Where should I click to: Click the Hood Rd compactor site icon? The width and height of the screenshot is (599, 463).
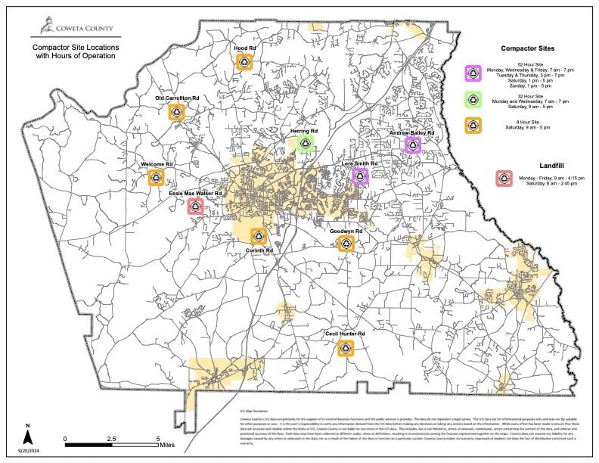coord(244,62)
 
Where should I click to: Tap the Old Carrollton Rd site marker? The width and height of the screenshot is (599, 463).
coord(176,112)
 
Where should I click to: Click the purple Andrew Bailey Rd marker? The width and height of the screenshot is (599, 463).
coord(412,144)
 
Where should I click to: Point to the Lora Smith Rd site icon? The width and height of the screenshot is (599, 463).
coord(359,176)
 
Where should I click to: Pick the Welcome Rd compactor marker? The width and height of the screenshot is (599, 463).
coord(156,177)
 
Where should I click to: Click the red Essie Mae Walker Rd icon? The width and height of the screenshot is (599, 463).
coord(195,206)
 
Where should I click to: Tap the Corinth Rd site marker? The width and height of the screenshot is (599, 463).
coord(258,237)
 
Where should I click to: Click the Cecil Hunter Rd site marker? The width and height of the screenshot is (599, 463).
coord(345,347)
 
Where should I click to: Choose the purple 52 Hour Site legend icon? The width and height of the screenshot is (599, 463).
coord(473,73)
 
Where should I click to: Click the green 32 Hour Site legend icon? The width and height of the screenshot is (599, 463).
coord(473,100)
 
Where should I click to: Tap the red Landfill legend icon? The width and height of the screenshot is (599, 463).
coord(504,179)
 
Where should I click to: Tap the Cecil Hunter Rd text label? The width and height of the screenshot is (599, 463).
coord(345,334)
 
